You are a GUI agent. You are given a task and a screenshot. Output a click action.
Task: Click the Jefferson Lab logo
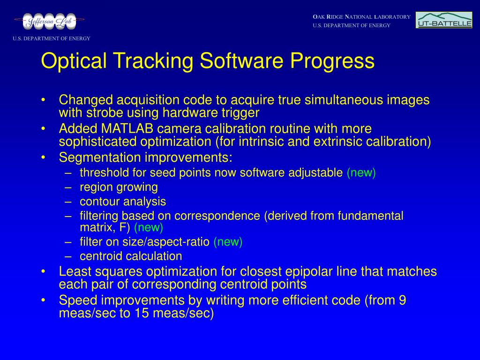click(49, 21)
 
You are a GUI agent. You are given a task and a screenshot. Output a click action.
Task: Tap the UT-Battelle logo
click(443, 20)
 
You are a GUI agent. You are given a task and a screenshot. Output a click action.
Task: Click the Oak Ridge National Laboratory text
click(361, 17)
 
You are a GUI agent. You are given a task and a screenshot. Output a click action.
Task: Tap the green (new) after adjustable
click(361, 173)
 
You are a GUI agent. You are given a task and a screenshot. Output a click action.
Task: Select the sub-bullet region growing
click(119, 187)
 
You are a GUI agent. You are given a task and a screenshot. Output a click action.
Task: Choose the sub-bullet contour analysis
click(123, 202)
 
